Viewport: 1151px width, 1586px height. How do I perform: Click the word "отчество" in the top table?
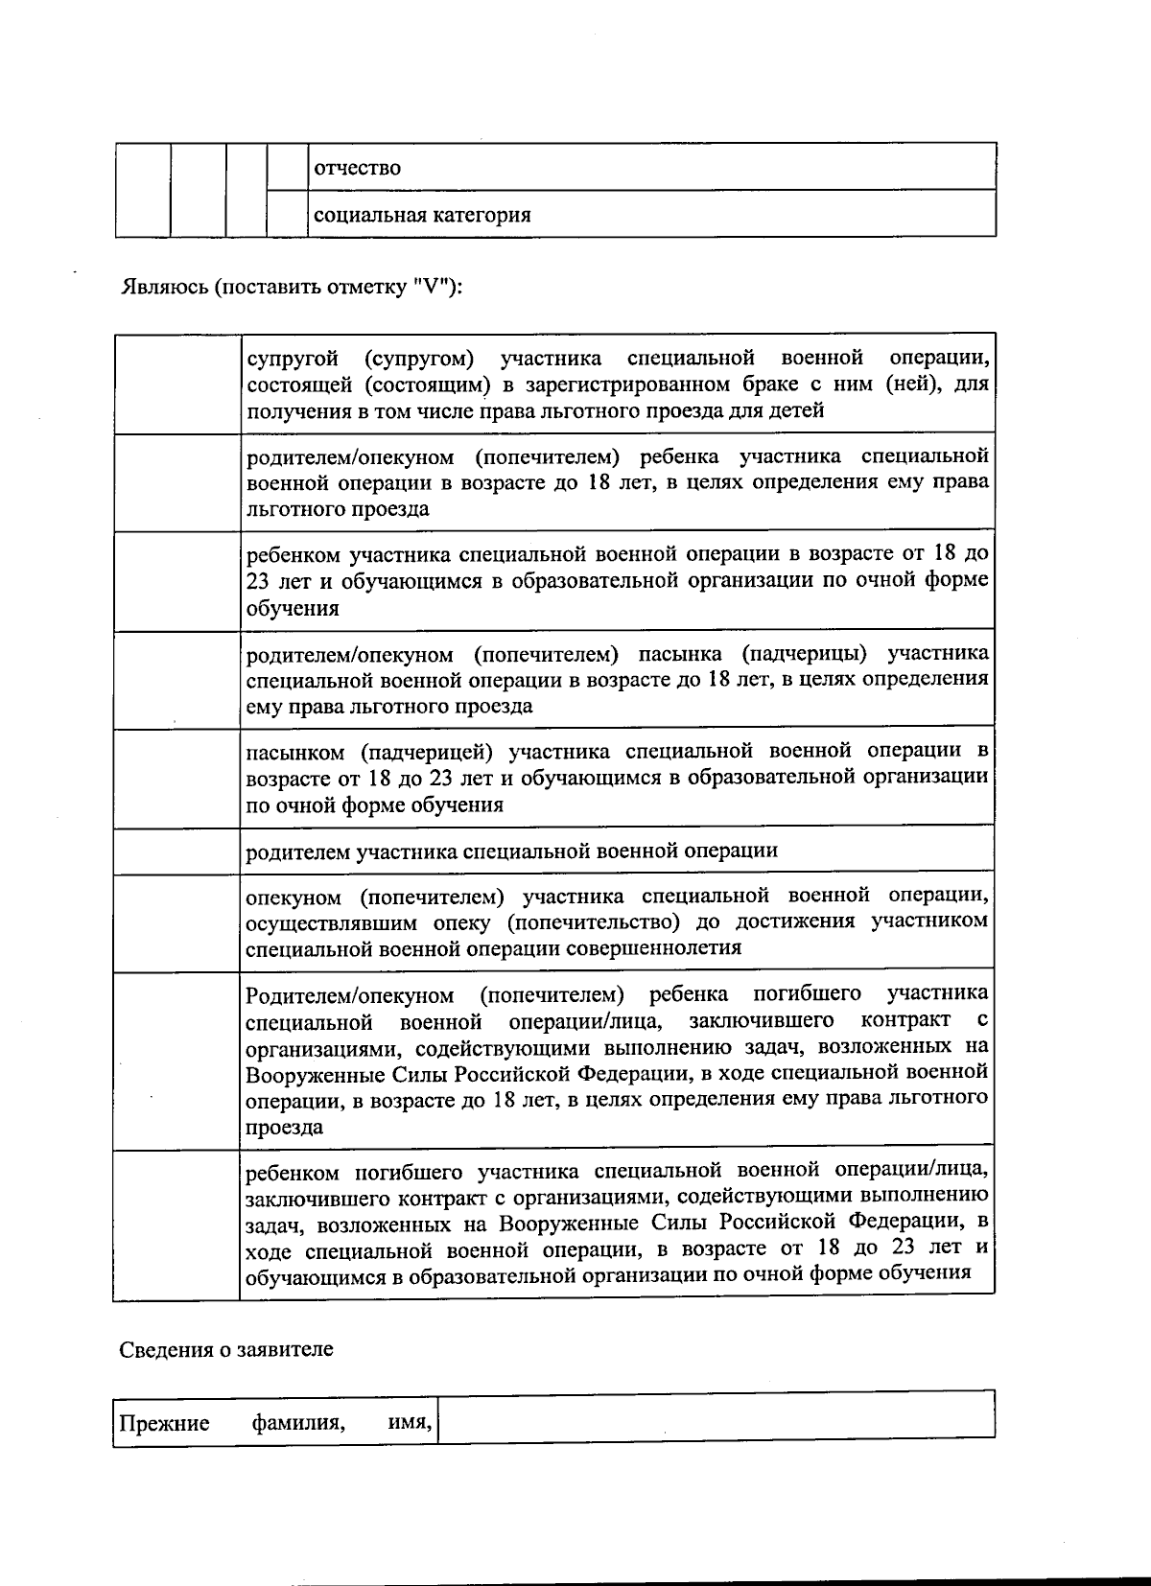(358, 169)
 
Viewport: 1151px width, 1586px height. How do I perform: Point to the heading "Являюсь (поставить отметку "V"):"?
(292, 288)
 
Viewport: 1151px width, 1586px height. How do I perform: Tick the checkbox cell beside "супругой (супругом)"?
(177, 384)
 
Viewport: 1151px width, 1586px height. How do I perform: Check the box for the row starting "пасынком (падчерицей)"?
(177, 778)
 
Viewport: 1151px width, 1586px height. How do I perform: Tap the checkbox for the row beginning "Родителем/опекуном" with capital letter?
(177, 1061)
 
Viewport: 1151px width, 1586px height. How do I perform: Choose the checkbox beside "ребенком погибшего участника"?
(177, 1224)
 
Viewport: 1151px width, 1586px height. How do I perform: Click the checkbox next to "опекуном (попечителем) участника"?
(177, 922)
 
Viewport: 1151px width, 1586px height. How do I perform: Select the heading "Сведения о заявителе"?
(226, 1349)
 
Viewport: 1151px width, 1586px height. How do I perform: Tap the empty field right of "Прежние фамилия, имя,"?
(716, 1415)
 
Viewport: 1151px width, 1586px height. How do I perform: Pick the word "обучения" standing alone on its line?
(293, 608)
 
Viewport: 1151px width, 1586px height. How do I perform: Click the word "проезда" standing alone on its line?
(284, 1128)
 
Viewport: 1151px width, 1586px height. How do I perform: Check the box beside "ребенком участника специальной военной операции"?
(177, 581)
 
